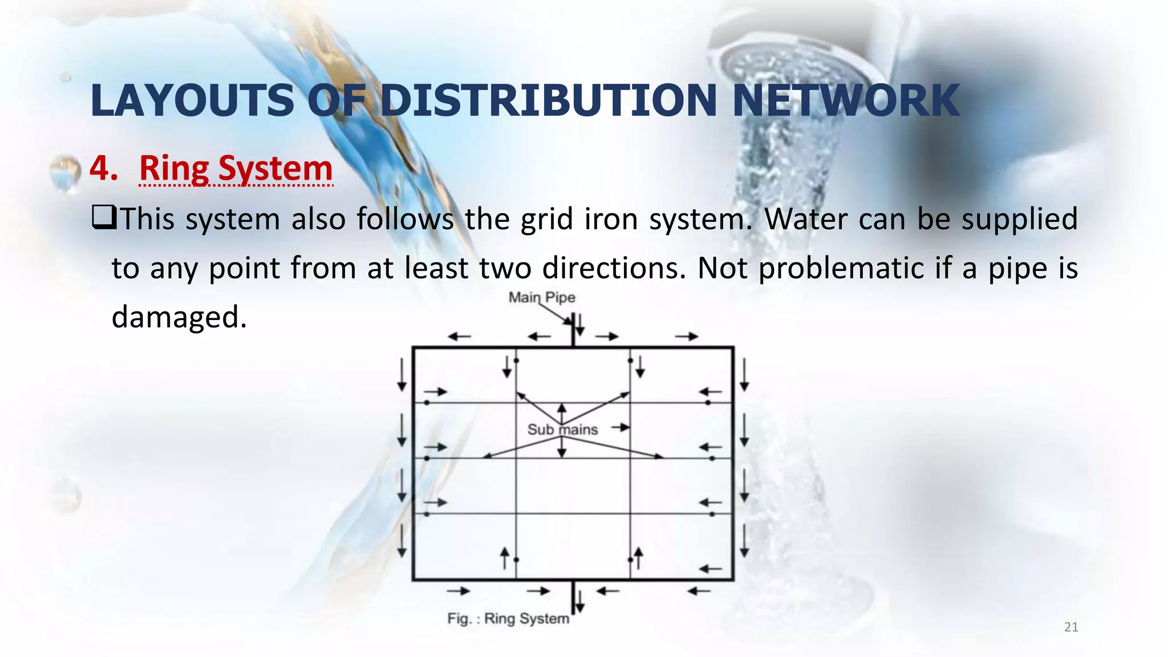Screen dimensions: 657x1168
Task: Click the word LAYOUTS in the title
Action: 192,100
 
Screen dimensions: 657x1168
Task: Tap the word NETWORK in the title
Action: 846,100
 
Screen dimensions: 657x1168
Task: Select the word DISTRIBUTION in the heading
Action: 547,100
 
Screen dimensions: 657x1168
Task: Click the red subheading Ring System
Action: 236,169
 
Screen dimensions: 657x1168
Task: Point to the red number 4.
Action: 103,169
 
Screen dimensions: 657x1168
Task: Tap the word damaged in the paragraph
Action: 179,317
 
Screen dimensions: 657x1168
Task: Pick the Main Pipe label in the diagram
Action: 542,297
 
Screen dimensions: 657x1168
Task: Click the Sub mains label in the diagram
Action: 562,429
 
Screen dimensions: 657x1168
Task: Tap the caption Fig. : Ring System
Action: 508,619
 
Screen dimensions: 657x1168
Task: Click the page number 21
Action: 1071,627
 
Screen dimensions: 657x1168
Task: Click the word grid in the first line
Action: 546,219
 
